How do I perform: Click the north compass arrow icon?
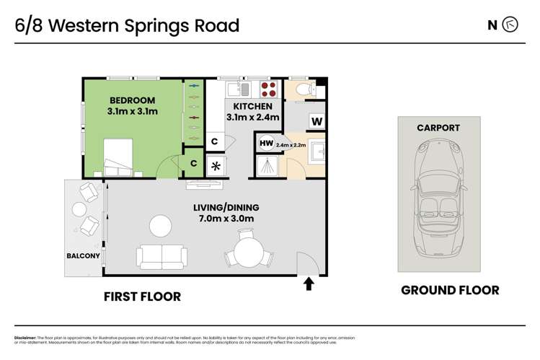[x=511, y=25]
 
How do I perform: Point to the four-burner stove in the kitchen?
[x=268, y=89]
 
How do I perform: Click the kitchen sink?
[x=238, y=89]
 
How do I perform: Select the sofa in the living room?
[x=160, y=255]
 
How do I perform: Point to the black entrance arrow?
[x=309, y=283]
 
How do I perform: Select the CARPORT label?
[x=438, y=128]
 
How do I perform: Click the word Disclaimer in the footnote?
[x=27, y=337]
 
